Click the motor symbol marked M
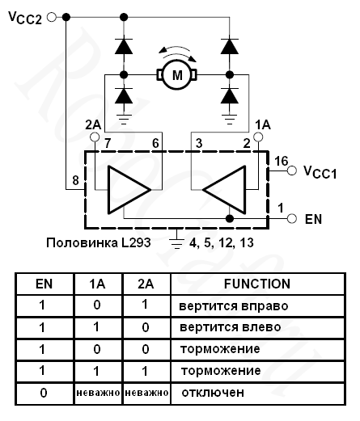point(177,74)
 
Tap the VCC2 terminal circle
point(52,17)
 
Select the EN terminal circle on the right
point(292,218)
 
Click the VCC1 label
point(320,172)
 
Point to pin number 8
point(76,180)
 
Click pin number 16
point(282,161)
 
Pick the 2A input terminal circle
point(95,137)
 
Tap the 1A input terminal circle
point(258,137)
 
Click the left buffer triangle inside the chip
point(129,190)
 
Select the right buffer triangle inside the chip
point(224,190)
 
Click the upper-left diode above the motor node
point(124,46)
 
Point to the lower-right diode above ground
point(230,95)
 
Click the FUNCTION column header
point(257,284)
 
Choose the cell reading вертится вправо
point(234,306)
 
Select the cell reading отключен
point(213,393)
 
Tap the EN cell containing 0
point(44,393)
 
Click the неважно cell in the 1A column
point(98,393)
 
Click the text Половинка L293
point(99,242)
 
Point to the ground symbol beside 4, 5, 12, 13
point(177,239)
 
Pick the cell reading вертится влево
point(231,327)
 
